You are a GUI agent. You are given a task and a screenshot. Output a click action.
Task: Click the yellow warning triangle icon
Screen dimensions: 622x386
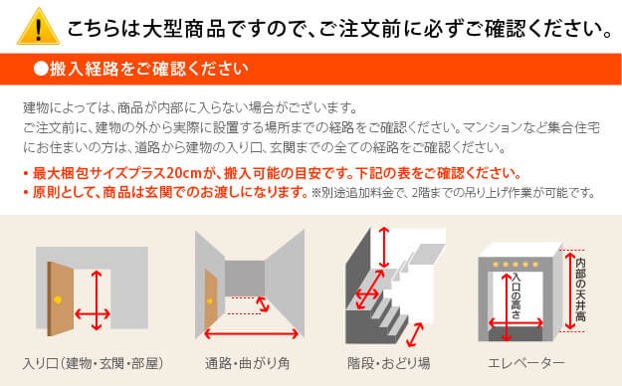point(38,27)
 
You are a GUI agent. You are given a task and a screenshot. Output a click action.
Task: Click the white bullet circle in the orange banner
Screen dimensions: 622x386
point(41,69)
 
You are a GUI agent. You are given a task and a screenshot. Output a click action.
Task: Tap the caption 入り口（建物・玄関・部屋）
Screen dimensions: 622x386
point(93,363)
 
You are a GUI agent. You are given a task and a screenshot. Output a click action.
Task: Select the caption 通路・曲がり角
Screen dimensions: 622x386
point(247,363)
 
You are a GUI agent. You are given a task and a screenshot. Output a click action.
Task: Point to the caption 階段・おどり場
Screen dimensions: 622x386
point(388,363)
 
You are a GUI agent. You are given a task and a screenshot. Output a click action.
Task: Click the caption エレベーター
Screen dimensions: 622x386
point(526,363)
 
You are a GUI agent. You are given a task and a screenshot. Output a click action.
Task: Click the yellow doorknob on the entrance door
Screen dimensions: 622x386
point(58,299)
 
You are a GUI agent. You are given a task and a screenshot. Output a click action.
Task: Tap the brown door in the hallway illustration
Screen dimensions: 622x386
point(211,302)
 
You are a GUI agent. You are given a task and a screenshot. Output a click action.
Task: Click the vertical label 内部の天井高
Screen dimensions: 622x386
point(580,289)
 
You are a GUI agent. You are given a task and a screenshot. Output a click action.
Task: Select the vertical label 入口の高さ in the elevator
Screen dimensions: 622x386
point(516,295)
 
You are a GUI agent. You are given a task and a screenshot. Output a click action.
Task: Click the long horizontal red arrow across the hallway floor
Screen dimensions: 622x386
point(251,334)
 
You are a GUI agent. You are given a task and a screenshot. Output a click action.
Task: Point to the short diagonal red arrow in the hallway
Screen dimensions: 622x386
point(262,304)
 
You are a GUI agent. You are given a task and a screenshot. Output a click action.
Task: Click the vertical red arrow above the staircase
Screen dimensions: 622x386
point(383,248)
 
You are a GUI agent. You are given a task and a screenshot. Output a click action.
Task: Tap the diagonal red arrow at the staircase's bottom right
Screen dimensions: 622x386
point(415,335)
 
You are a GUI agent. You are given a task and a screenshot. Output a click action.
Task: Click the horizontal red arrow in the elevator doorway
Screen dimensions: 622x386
point(516,323)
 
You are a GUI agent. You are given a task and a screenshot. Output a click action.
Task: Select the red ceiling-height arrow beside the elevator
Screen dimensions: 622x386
point(570,290)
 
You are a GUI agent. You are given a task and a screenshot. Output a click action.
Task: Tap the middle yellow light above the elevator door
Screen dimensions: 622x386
point(516,265)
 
